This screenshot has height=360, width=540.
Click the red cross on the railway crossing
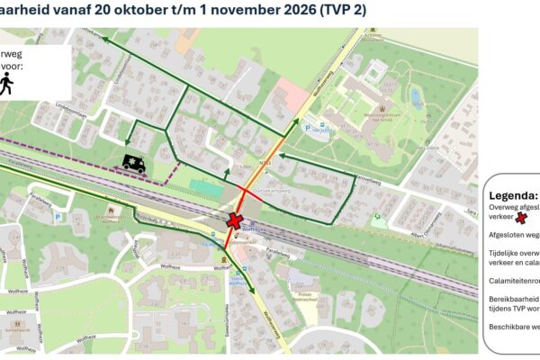pyautogui.click(x=236, y=220)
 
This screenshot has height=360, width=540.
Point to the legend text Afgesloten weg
pyautogui.click(x=514, y=234)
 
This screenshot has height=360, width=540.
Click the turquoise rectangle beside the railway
pyautogui.click(x=206, y=190)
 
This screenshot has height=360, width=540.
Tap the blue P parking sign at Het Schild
pyautogui.click(x=310, y=129)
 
